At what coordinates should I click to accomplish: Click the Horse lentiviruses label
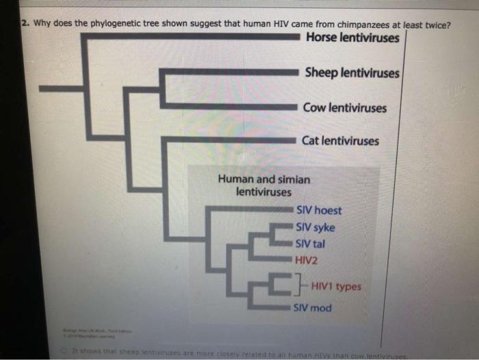click(x=352, y=37)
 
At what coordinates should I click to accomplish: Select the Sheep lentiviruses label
click(x=352, y=72)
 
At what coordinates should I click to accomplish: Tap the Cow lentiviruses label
click(x=346, y=107)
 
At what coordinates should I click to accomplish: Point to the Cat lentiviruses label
click(x=340, y=141)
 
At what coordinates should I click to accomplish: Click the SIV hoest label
click(x=318, y=211)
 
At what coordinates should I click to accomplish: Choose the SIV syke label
click(x=315, y=227)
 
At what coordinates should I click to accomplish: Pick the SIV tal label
click(x=310, y=244)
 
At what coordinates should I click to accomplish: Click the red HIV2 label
click(x=307, y=260)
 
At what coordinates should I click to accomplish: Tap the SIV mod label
click(x=313, y=308)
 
